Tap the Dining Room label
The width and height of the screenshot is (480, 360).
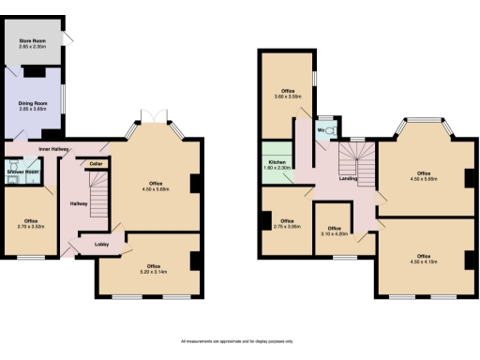point(33,107)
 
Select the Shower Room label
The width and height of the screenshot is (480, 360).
point(22,172)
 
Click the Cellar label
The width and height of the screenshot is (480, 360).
point(96,163)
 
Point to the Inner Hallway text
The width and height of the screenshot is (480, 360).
point(57,149)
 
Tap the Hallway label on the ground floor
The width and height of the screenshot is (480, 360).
point(79,203)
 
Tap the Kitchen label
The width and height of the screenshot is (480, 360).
point(277,165)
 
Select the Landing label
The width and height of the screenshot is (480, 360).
point(348,177)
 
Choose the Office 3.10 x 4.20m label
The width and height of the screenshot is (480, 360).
point(336,232)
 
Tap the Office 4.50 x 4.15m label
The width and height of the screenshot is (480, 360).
point(424,259)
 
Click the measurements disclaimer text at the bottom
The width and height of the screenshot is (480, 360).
point(239,340)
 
